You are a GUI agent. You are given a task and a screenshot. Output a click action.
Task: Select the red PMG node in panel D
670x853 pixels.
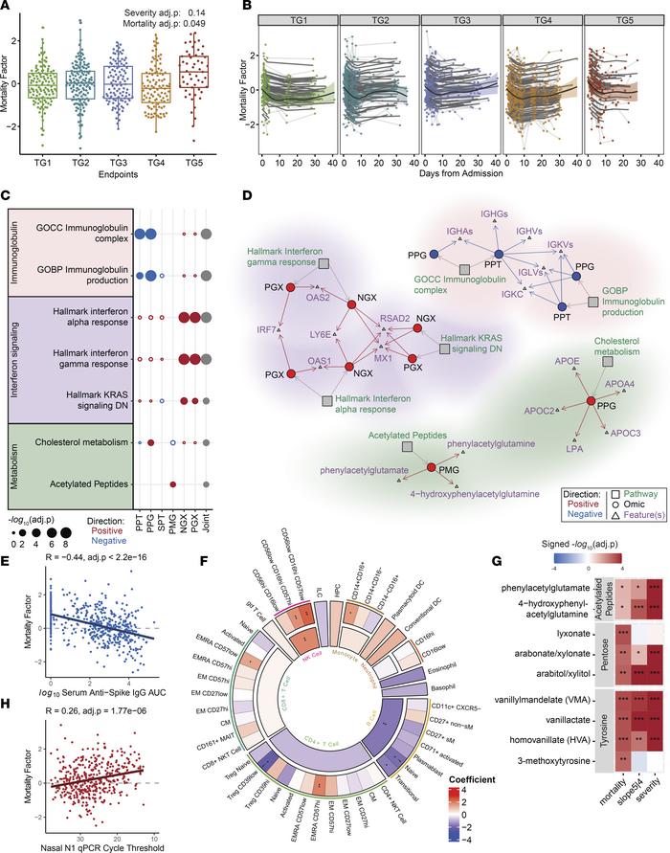pos(431,467)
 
